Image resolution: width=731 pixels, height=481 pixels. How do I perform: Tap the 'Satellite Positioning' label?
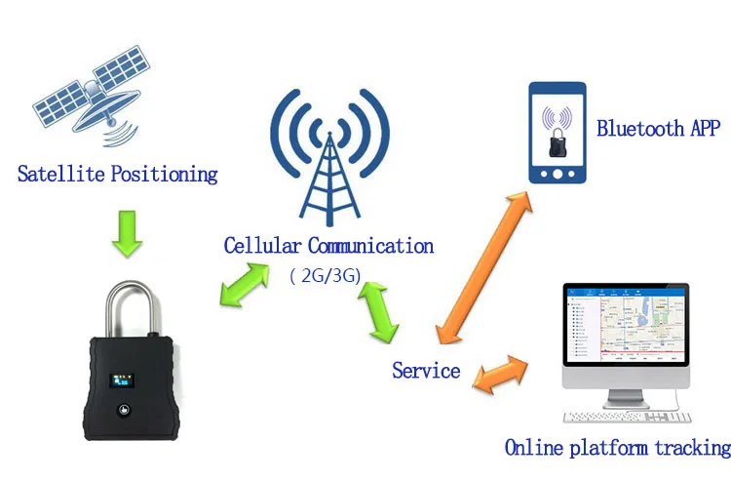pyautogui.click(x=117, y=175)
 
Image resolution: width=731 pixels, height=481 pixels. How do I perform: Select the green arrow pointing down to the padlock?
pyautogui.click(x=128, y=234)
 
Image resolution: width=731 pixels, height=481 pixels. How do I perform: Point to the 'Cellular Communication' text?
pyautogui.click(x=328, y=246)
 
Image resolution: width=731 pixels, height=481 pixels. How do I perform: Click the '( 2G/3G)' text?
pyautogui.click(x=326, y=276)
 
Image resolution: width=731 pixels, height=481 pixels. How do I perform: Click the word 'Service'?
pyautogui.click(x=426, y=371)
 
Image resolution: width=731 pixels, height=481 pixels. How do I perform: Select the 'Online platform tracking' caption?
pyautogui.click(x=617, y=448)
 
